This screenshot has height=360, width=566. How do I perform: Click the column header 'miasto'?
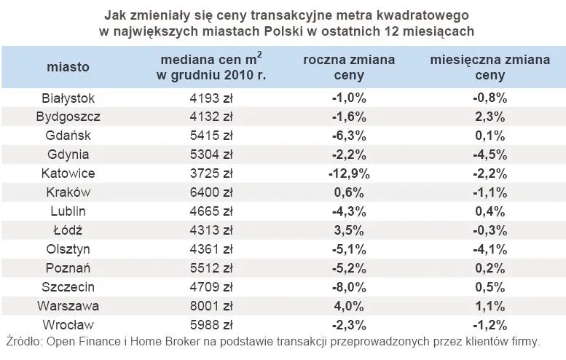68,67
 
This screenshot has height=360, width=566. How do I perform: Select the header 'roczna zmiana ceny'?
349,67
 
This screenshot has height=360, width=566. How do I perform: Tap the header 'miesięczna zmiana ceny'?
490,67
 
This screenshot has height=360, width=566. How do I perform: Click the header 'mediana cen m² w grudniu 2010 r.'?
210,67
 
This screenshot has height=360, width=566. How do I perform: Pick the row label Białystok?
68,98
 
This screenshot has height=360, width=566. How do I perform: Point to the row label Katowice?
68,173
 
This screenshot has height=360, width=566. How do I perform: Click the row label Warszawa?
68,306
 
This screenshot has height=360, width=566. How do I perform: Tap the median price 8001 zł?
210,306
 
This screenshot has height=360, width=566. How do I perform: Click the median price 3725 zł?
210,173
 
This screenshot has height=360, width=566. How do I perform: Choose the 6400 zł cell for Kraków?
210,192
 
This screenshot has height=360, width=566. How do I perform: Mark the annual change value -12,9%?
349,173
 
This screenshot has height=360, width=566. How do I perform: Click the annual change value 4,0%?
349,306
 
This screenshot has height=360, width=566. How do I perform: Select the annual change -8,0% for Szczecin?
349,287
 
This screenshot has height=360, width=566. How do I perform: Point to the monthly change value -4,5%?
490,154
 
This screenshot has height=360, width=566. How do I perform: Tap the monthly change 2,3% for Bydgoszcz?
490,117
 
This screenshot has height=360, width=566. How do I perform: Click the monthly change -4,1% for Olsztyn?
490,249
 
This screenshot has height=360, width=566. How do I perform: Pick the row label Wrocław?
68,325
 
